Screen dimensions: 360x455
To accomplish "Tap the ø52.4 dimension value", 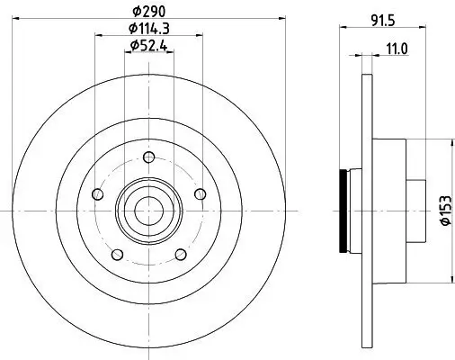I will (x=148, y=45).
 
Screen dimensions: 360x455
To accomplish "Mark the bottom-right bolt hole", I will (x=181, y=254).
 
